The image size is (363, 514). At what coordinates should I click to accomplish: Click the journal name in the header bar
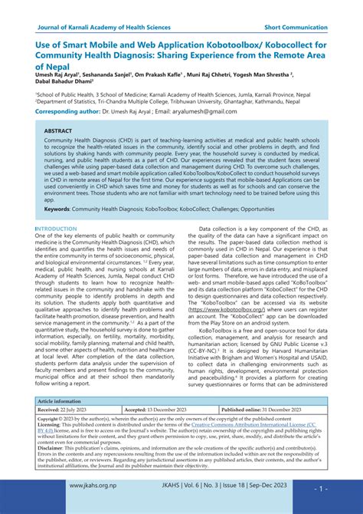click(104, 27)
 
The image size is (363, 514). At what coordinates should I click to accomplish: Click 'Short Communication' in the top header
click(294, 27)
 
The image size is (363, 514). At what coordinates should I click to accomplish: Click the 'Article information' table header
click(60, 401)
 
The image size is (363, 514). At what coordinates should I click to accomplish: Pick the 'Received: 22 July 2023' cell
click(62, 410)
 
